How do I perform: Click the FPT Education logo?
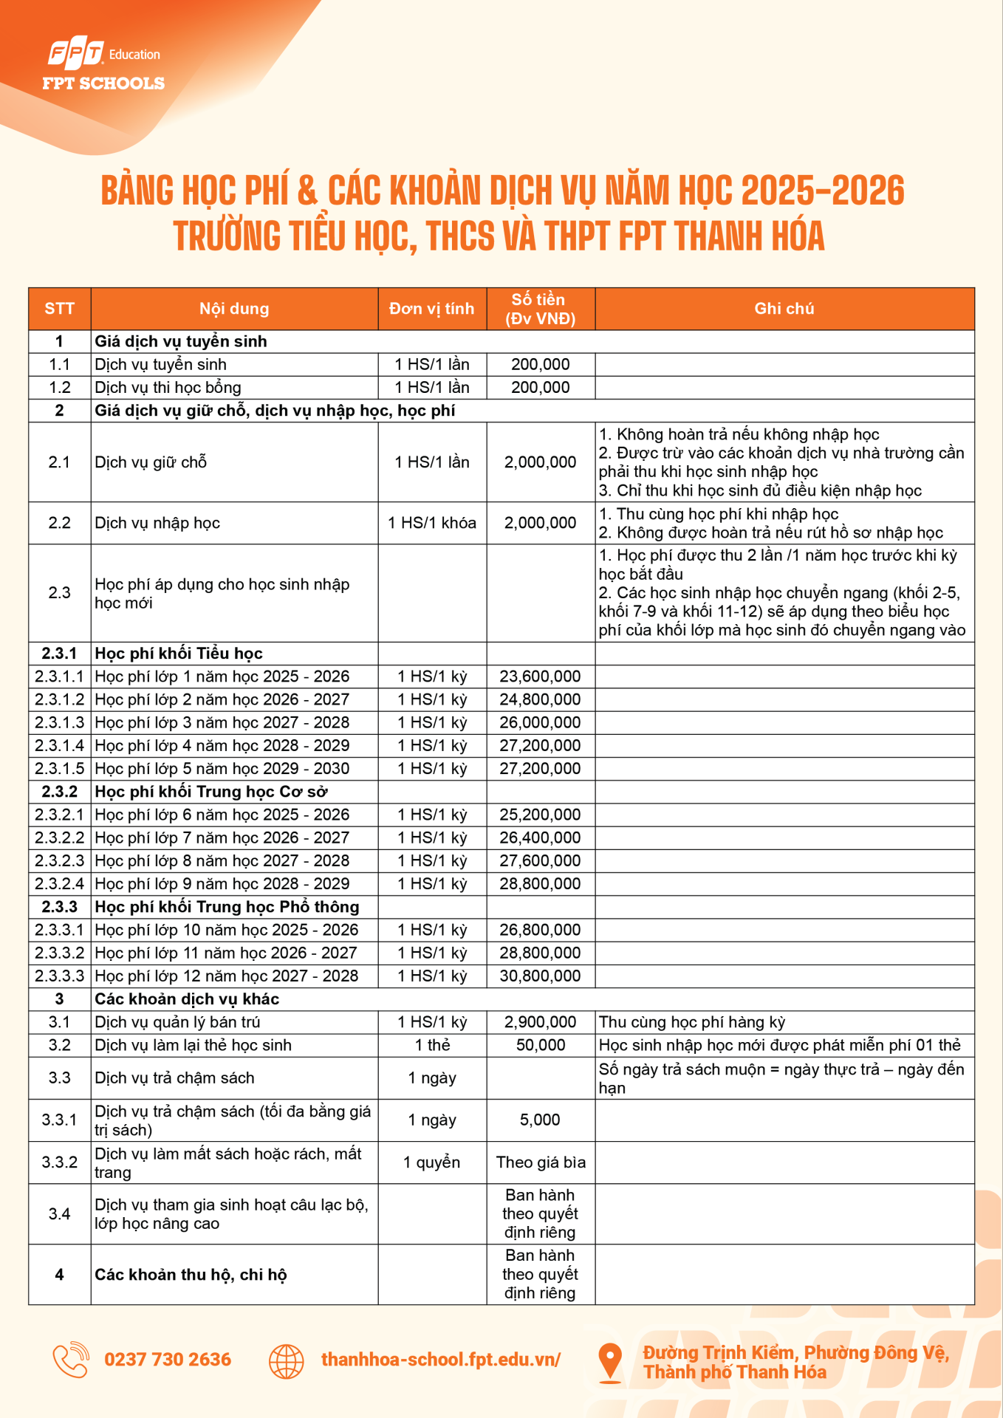click(103, 64)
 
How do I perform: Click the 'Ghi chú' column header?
click(784, 309)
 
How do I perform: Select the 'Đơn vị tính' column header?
click(431, 309)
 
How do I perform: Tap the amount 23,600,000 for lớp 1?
click(540, 677)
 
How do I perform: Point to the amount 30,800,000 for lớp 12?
click(540, 976)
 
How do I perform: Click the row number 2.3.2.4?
click(59, 883)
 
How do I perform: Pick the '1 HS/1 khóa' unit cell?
click(432, 523)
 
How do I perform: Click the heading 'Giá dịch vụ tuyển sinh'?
click(181, 341)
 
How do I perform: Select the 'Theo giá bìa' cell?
click(541, 1162)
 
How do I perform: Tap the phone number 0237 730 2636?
click(168, 1360)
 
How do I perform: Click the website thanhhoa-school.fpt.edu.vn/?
click(441, 1360)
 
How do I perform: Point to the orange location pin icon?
click(610, 1361)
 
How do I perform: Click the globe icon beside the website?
click(287, 1361)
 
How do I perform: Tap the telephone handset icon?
click(71, 1360)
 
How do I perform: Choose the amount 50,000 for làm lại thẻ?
click(541, 1045)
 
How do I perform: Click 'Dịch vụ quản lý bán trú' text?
click(177, 1022)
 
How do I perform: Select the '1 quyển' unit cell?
click(431, 1162)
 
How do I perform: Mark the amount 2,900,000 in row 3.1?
click(540, 1022)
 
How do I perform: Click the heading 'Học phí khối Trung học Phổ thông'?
click(227, 907)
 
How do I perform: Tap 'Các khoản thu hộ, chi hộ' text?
click(191, 1275)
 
